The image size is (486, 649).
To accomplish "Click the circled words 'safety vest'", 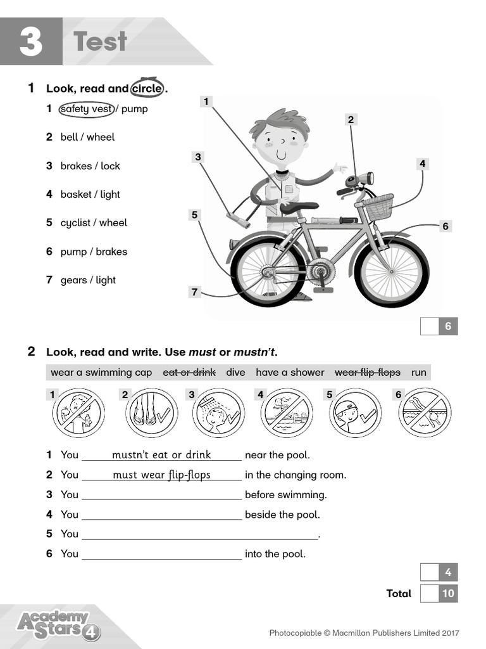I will pyautogui.click(x=86, y=109).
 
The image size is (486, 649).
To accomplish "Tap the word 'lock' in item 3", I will pyautogui.click(x=110, y=166).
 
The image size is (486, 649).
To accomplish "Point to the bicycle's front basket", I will pyautogui.click(x=378, y=207).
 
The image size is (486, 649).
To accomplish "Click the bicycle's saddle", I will pyautogui.click(x=299, y=207).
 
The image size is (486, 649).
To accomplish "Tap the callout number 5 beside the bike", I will pyautogui.click(x=195, y=215).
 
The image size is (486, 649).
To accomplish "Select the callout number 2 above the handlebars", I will pyautogui.click(x=351, y=119).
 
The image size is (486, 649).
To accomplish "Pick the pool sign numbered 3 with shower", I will pyautogui.click(x=218, y=413).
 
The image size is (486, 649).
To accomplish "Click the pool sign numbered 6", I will pyautogui.click(x=425, y=413).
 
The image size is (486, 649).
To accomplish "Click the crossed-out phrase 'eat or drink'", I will pyautogui.click(x=189, y=373).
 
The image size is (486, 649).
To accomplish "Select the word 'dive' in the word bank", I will pyautogui.click(x=235, y=373).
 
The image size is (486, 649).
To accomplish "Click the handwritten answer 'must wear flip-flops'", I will pyautogui.click(x=161, y=475).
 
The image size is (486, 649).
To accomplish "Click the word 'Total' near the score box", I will pyautogui.click(x=399, y=594).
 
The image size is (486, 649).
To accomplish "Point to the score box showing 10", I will pyautogui.click(x=439, y=594).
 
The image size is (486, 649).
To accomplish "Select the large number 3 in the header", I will pyautogui.click(x=30, y=42).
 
